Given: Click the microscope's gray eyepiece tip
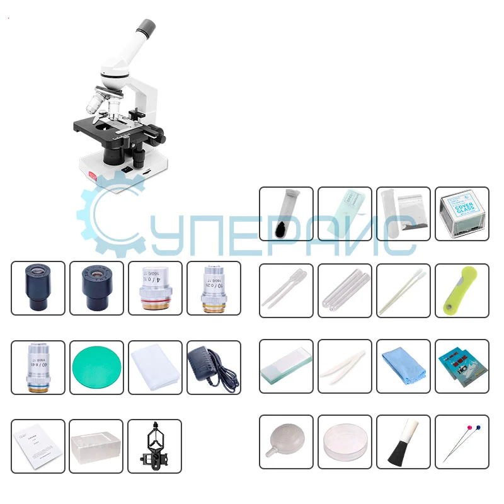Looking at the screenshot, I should tap(145, 28).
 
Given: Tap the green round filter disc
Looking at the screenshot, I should tap(96, 368).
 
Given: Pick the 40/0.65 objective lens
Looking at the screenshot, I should tap(38, 368).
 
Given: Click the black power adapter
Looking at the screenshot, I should tap(213, 367).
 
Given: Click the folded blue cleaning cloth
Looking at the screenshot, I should tap(403, 367).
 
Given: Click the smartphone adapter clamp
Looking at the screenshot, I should tap(154, 446).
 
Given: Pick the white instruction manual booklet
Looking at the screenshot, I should tap(38, 446).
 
